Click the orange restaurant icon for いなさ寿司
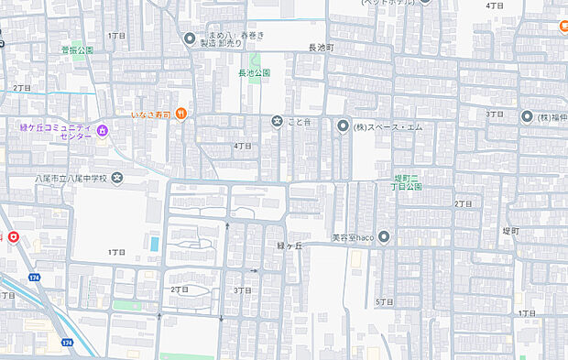pos(182,113)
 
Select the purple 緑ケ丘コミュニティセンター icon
pos(103,131)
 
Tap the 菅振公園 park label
pos(77,50)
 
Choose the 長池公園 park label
pos(254,71)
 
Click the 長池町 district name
pos(322,46)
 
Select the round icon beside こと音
pos(277,121)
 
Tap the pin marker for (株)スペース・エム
pos(343,126)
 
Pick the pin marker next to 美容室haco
pos(384,237)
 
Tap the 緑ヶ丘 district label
pos(289,246)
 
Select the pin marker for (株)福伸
pos(527,116)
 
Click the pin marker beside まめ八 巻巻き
pos(190,38)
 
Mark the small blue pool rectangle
pos(153,245)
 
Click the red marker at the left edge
pos(14,238)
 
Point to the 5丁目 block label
pos(384,301)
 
